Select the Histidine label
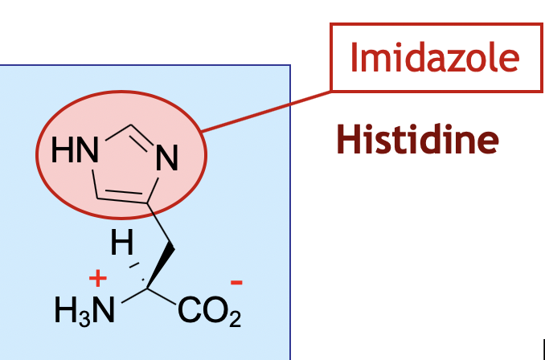(417, 139)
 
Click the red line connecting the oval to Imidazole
(265, 109)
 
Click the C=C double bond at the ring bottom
(121, 195)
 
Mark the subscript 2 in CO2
(234, 320)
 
